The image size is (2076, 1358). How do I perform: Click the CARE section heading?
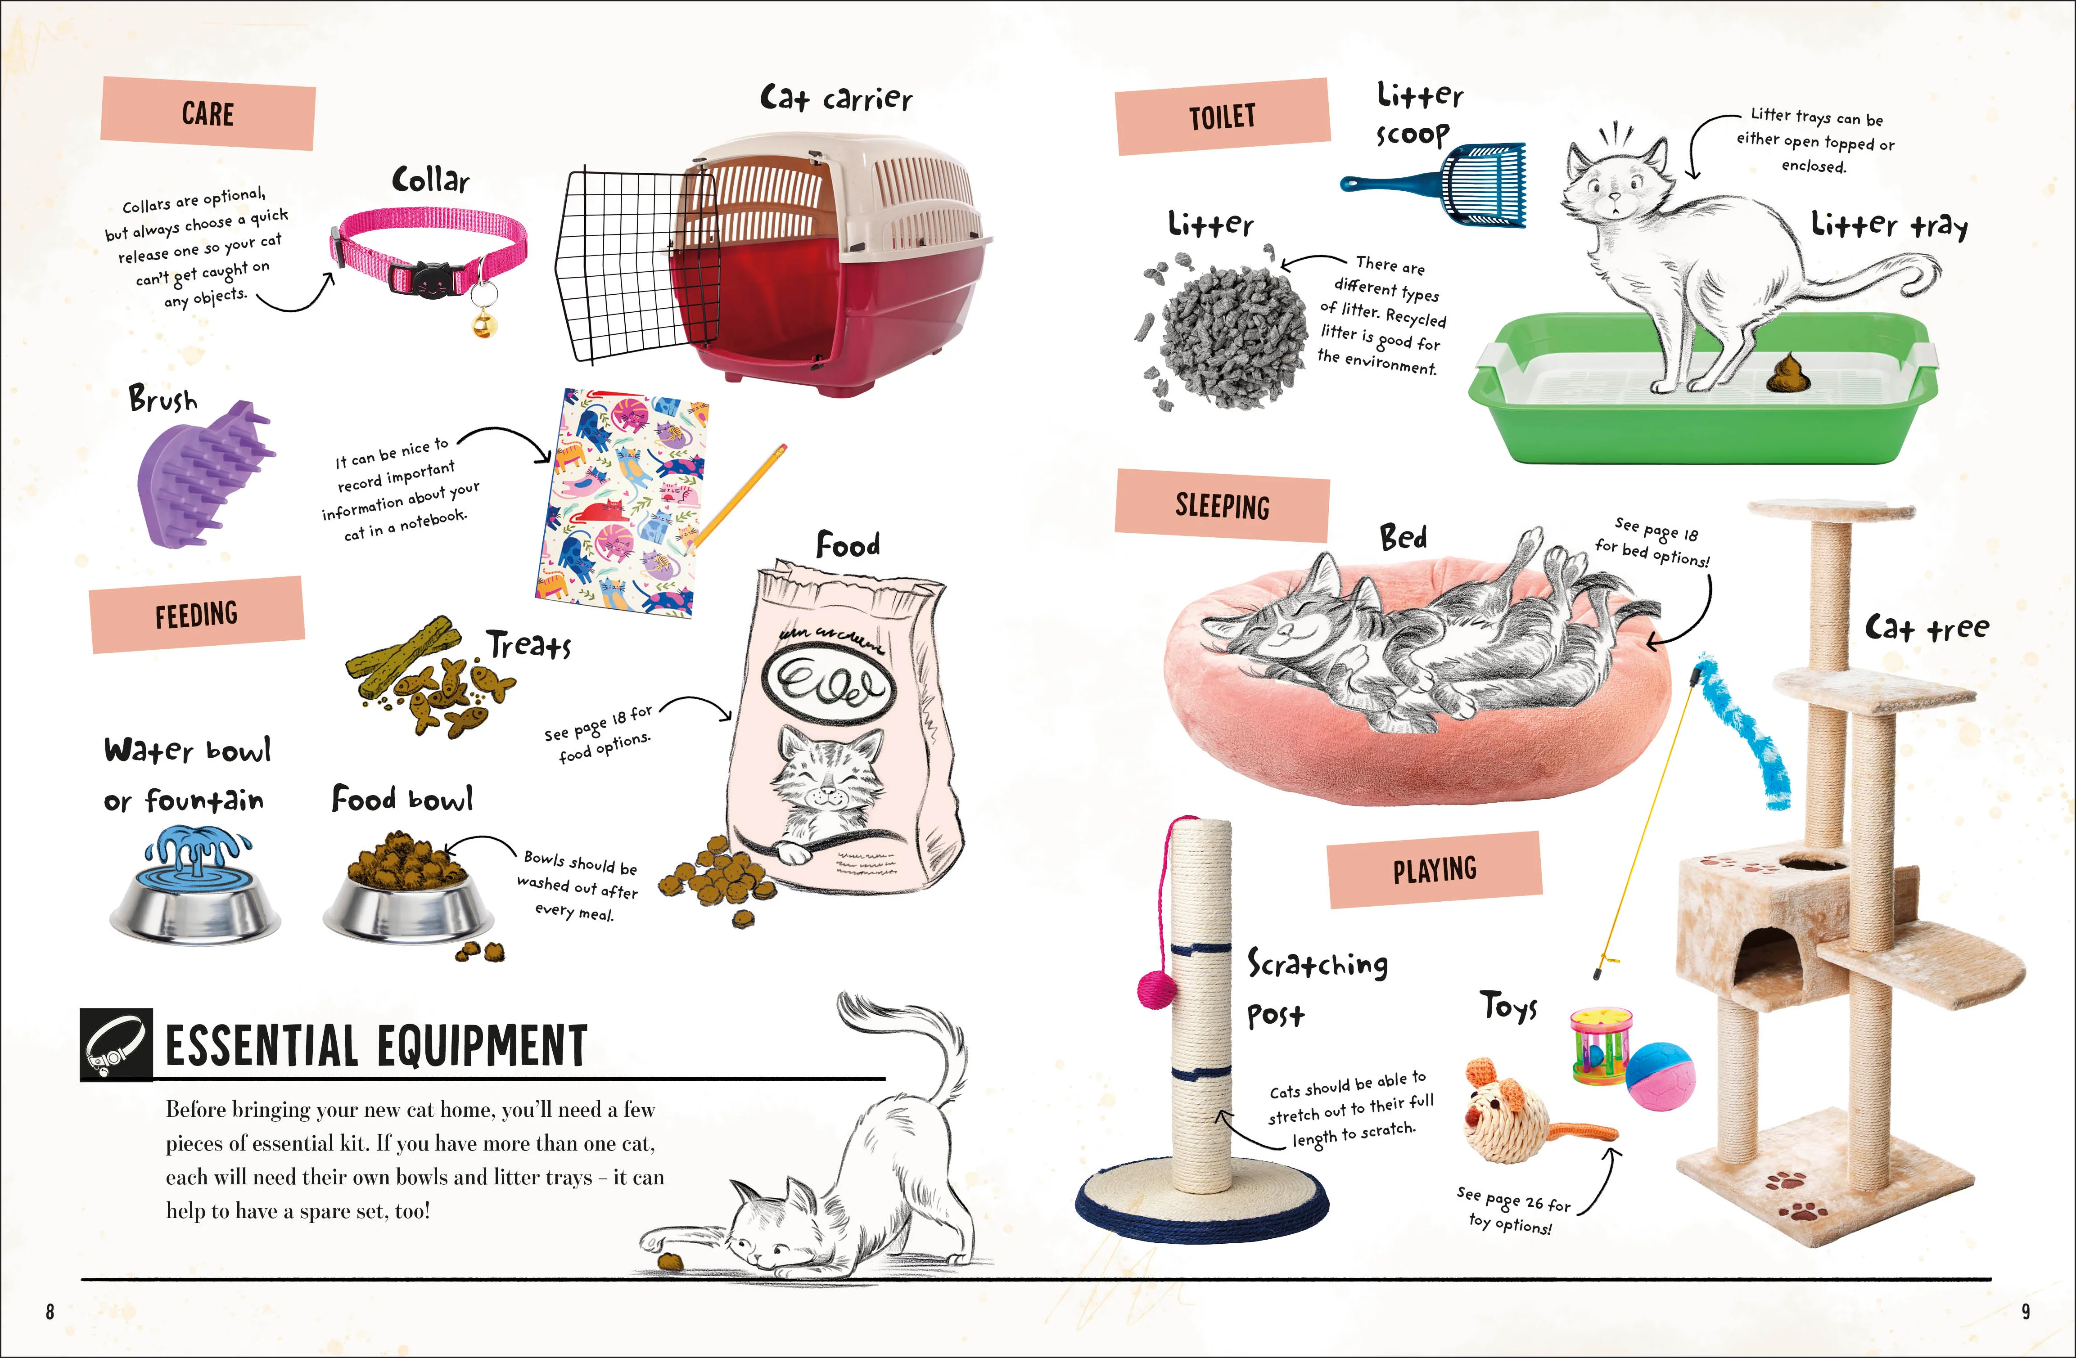[x=208, y=113]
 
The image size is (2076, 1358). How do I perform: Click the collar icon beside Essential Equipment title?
[x=116, y=1045]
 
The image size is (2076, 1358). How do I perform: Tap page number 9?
[x=2026, y=1311]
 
